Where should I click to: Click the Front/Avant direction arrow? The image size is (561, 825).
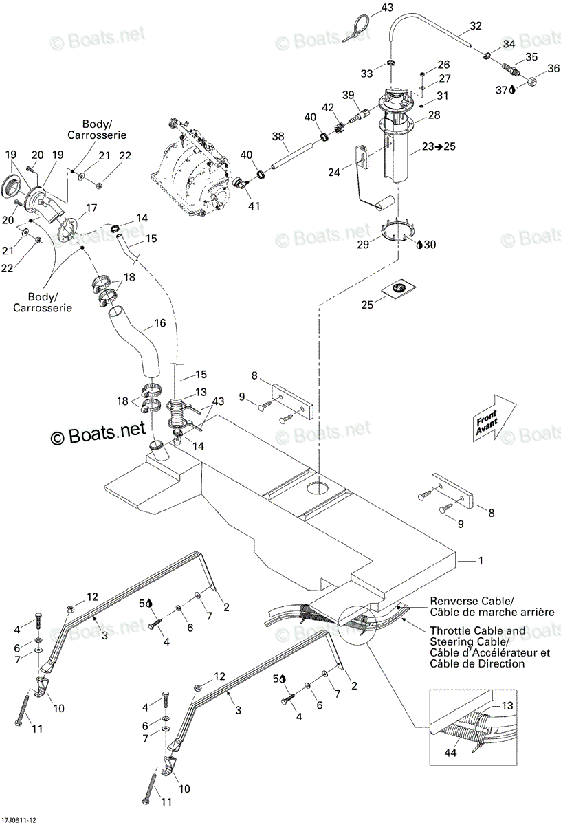tap(494, 419)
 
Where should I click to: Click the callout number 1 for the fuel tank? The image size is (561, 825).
tap(481, 560)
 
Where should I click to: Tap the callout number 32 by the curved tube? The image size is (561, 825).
tap(476, 26)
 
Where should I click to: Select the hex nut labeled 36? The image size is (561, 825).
tap(532, 82)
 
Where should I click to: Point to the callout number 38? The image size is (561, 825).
tap(278, 136)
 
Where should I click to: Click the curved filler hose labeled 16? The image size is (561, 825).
tap(137, 341)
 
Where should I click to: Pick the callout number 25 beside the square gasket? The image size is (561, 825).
tap(367, 305)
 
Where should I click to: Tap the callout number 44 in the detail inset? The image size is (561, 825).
tap(451, 752)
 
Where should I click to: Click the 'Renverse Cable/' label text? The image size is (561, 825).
tap(472, 601)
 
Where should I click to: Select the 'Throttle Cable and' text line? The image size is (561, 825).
tap(477, 631)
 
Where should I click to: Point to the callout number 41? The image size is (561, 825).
tap(254, 206)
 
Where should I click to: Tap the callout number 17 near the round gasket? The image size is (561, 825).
tap(91, 208)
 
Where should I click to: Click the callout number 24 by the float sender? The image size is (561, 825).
tap(334, 172)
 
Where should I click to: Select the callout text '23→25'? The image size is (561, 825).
tap(439, 146)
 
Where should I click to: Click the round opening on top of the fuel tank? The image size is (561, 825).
tap(319, 488)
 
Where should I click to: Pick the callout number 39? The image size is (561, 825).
tap(349, 95)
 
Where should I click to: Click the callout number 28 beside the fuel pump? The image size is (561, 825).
tap(434, 115)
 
